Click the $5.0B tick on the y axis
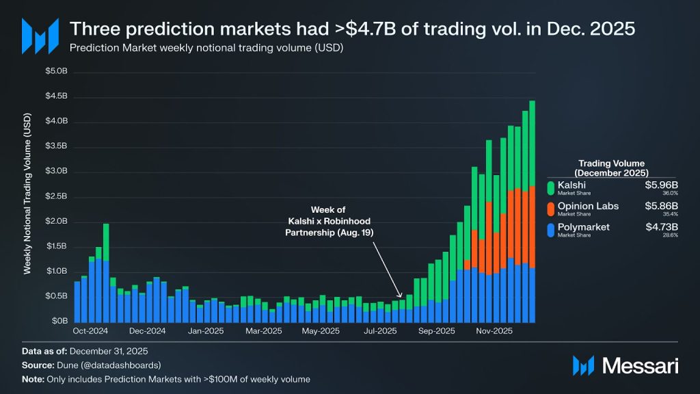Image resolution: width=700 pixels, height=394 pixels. tap(56, 71)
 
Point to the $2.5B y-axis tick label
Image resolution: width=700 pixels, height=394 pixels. tap(56, 196)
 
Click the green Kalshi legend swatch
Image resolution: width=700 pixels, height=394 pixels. tap(551, 188)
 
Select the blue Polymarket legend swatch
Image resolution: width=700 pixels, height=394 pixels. tap(551, 229)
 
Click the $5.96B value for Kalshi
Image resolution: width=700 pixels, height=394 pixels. tap(661, 185)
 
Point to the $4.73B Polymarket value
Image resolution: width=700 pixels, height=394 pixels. tap(661, 226)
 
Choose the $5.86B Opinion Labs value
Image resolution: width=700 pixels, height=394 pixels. tap(661, 206)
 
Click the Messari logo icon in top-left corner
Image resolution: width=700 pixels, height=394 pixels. tap(38, 36)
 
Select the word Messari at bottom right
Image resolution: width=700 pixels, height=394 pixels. tap(639, 366)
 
